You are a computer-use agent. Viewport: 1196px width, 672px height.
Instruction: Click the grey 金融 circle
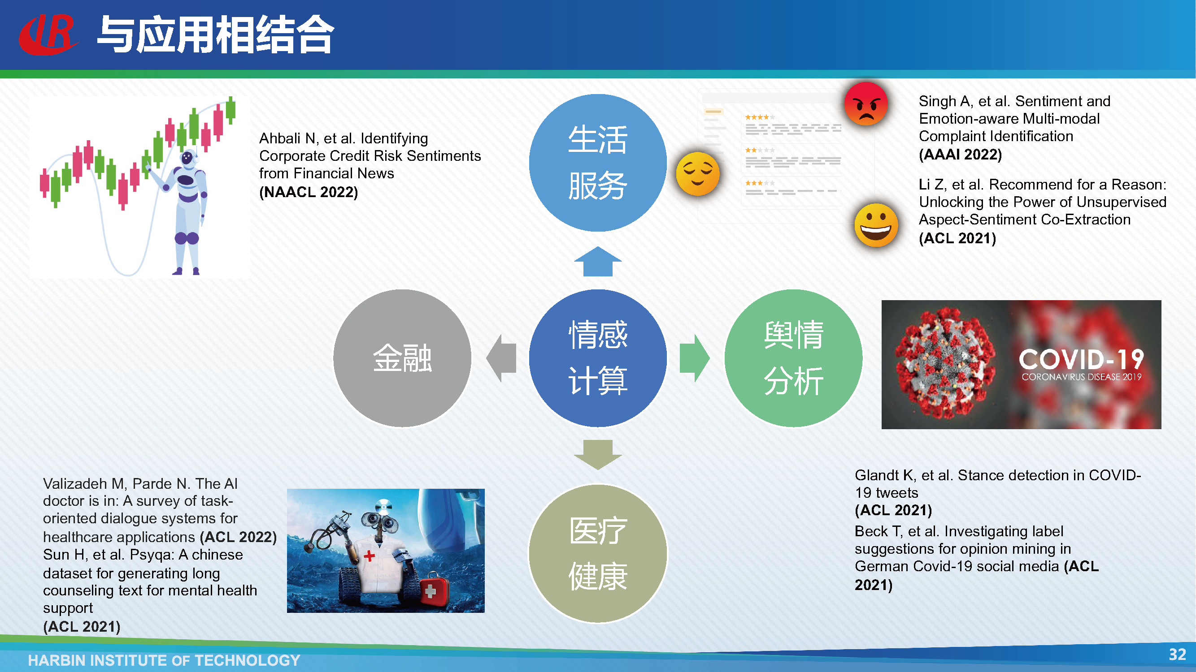[x=402, y=358]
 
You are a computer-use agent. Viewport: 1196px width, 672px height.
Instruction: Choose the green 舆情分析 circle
[x=793, y=358]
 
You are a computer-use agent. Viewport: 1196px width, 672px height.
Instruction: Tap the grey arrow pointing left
[x=501, y=358]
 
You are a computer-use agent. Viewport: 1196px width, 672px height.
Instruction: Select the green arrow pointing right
[x=695, y=358]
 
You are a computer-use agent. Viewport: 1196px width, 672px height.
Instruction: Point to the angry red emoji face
[x=866, y=103]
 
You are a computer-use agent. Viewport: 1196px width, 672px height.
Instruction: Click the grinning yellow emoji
[x=876, y=225]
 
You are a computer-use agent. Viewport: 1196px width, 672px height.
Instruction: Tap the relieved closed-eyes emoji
[x=698, y=173]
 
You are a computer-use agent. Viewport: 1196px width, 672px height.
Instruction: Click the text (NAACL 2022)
[x=309, y=192]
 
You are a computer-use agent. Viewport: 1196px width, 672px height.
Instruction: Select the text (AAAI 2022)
[x=961, y=155]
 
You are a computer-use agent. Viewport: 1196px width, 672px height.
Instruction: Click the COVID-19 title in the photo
[x=1081, y=359]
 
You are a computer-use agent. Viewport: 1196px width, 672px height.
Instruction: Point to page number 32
[x=1178, y=655]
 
